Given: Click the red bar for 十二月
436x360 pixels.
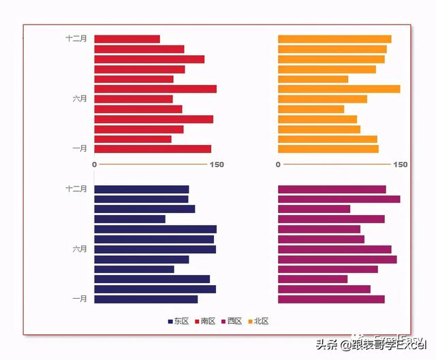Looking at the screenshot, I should pos(127,39).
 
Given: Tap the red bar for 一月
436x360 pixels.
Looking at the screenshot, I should pos(153,149).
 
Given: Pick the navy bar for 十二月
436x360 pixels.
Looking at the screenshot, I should pos(141,189).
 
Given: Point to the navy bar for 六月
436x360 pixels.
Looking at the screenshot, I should pos(155,249).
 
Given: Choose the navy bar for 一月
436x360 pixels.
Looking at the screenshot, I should pos(146,299).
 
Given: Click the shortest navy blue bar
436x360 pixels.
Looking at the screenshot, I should pos(129,219).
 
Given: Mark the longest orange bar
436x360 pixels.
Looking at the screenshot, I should pos(339,89).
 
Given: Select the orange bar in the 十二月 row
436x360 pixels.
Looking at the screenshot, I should pos(334,39).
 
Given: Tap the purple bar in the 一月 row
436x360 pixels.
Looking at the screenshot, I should pos(331,299).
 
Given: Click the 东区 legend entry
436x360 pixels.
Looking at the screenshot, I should pos(178,321).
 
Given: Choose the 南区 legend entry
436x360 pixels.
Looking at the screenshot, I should pos(204,321).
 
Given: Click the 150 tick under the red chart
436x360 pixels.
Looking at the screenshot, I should pos(217,165).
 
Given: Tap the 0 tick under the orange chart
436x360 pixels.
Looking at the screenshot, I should pos(278,165).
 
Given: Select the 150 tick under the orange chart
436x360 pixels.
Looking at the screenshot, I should pos(401,165).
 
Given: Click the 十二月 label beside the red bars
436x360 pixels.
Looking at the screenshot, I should pos(76,39).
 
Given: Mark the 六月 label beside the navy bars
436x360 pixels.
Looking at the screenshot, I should pos(80,249).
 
